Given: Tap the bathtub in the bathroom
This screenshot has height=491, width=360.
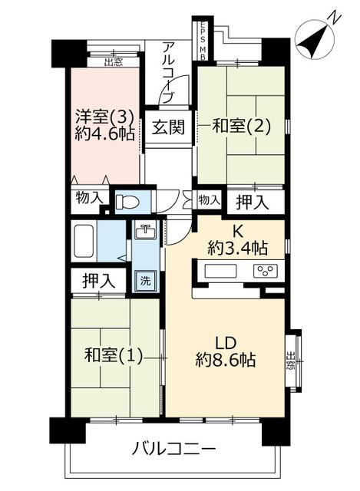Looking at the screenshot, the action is [x=84, y=241].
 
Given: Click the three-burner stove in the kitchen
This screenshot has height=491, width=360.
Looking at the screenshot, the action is [x=265, y=271].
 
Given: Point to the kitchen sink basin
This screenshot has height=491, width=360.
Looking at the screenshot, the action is [x=220, y=271].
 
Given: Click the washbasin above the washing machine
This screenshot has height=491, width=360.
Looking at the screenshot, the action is [x=145, y=232].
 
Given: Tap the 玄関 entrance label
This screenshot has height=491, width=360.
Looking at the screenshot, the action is [x=168, y=127].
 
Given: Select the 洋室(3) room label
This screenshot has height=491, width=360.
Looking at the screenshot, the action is [x=105, y=117].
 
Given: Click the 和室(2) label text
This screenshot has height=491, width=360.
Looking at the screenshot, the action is [x=241, y=126].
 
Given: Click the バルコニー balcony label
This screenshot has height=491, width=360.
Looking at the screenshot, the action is [x=173, y=450].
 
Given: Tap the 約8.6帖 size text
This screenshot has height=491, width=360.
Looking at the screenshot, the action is [x=226, y=360].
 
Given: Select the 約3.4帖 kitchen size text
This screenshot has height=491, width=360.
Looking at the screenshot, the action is [x=237, y=249].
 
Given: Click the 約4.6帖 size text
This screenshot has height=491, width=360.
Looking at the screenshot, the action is [x=105, y=134].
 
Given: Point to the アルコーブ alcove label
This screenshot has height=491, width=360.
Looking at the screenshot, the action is [x=167, y=74].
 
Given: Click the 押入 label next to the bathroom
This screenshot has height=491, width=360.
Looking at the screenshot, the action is [x=99, y=280].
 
